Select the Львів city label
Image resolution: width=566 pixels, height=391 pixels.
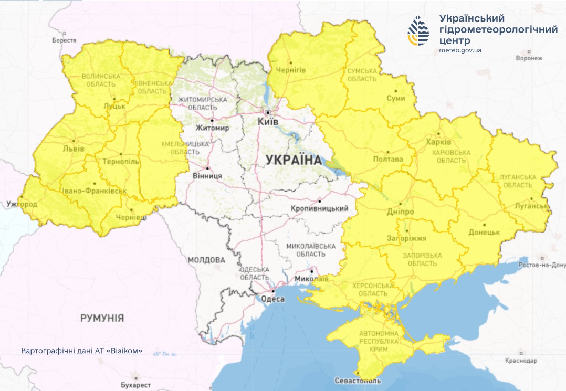74,149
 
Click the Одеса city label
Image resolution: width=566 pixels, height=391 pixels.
272,299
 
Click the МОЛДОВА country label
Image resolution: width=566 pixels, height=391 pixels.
206,260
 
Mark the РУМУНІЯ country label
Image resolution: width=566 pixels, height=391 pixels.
102,318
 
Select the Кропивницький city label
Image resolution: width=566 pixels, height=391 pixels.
319,208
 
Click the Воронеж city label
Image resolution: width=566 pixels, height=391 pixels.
529,58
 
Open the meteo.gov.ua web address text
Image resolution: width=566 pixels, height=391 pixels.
460,50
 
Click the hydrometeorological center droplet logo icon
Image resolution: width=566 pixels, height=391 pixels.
418,31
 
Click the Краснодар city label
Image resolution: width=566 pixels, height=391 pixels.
521,361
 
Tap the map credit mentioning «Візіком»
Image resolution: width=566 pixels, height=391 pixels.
81,351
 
